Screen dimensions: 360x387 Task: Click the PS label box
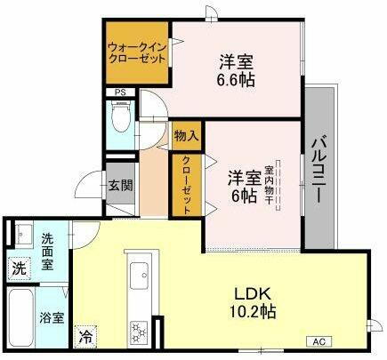click(x=118, y=91)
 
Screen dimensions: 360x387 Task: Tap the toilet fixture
click(x=120, y=116)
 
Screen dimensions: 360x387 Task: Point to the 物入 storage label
click(x=186, y=136)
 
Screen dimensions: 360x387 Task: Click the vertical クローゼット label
click(x=187, y=182)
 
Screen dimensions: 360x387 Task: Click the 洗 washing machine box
click(x=18, y=267)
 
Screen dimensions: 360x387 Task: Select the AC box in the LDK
click(x=319, y=341)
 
